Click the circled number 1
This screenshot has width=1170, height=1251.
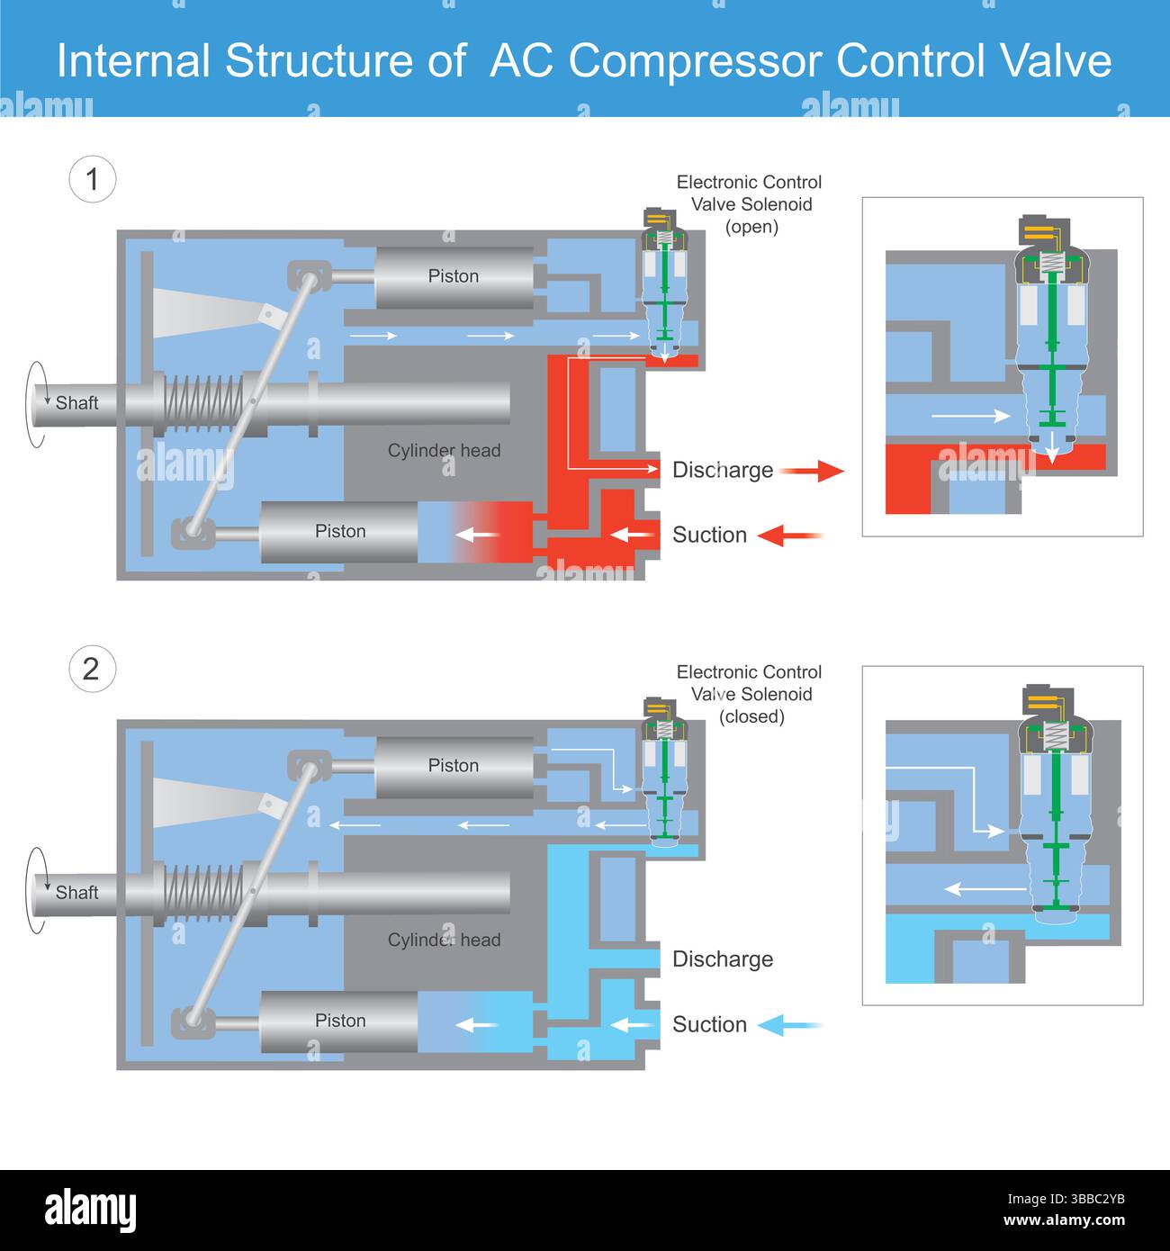tap(92, 179)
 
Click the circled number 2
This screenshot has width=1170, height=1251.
tap(92, 669)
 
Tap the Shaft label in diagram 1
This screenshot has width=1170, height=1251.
tap(76, 402)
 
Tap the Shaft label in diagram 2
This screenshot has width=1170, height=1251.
tap(76, 892)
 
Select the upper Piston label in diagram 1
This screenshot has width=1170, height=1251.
tap(453, 276)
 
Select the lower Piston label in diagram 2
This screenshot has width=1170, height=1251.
tap(340, 1021)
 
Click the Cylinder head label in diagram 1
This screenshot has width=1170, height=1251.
tap(444, 450)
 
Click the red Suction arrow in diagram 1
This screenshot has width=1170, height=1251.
tap(790, 535)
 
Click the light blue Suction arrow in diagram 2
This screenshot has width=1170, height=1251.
tap(790, 1025)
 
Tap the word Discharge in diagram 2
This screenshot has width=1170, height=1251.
tap(723, 959)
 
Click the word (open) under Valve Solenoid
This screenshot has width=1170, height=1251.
tap(751, 227)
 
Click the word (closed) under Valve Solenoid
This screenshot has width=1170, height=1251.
tap(751, 717)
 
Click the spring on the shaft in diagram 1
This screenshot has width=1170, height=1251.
tap(204, 402)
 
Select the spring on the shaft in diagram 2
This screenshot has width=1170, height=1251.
tap(204, 892)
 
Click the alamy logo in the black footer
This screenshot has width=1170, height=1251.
tap(91, 1210)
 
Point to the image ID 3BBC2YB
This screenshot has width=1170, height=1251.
tap(1066, 1199)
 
